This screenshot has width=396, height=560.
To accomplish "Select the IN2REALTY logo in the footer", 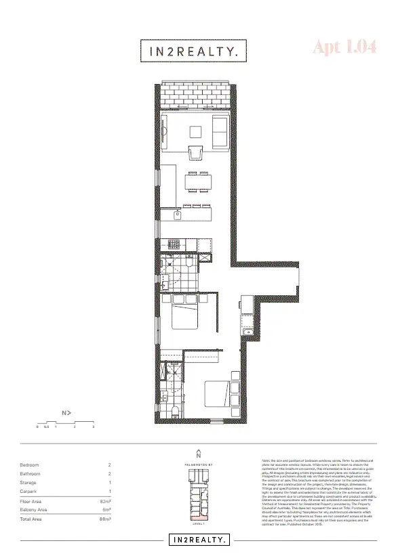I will tap(198, 540).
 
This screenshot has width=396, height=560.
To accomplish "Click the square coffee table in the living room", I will tap(196, 131).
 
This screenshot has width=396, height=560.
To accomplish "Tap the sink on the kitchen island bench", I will tap(178, 215).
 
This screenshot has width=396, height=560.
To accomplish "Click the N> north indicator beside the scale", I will tap(66, 412).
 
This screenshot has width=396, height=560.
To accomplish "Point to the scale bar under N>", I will tap(65, 423).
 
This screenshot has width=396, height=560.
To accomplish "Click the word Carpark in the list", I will tap(31, 490).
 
